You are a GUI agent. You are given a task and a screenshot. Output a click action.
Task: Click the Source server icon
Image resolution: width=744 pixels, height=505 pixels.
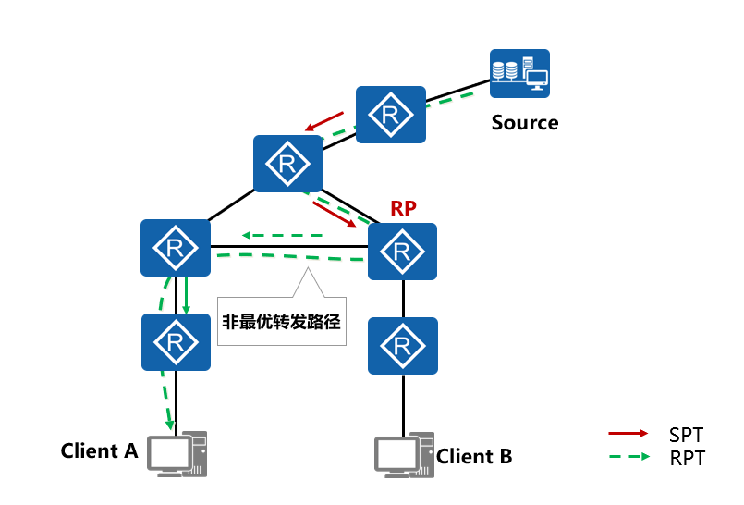pos(519,73)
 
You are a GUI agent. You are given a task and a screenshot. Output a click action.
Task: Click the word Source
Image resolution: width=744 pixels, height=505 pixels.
pos(524,123)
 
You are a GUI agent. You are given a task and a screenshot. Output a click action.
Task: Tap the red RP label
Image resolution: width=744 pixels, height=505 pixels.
pos(403,209)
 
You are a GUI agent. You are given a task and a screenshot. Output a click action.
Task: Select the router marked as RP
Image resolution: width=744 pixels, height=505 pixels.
pos(402,252)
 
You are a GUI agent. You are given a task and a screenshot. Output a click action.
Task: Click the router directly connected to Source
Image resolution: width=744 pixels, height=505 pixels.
pos(391,115)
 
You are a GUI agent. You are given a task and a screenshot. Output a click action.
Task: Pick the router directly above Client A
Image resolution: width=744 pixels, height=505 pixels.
pos(176,342)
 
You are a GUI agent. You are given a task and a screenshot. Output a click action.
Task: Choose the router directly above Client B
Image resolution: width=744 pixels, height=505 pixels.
pos(402,346)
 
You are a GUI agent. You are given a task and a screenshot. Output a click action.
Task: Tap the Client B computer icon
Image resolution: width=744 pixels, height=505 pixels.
pos(404,453)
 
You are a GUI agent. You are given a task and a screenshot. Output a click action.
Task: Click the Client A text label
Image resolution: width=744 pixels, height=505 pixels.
pos(99,451)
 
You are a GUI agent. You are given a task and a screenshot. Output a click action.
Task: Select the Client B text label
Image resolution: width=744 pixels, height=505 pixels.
pos(473,456)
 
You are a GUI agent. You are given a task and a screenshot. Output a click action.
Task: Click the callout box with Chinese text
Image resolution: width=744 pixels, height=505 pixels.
pos(281,322)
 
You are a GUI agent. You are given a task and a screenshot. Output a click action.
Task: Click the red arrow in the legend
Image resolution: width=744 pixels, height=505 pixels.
pos(628,434)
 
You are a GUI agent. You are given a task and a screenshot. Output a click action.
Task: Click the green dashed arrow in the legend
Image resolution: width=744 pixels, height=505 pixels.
pos(628,457)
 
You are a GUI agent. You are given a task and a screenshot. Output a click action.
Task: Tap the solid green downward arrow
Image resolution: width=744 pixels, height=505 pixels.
pos(186,295)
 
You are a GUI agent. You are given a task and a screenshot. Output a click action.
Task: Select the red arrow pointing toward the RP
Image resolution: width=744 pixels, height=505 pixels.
pos(335,215)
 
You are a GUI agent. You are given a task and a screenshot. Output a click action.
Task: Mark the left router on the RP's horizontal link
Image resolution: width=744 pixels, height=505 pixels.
pos(176,248)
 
